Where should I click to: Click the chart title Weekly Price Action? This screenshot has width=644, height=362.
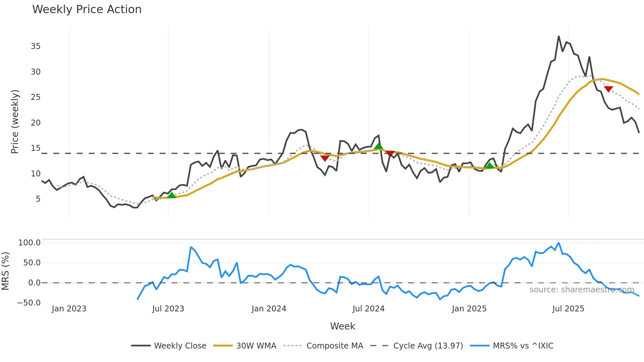(x=87, y=10)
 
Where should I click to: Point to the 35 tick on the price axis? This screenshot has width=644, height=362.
(x=36, y=46)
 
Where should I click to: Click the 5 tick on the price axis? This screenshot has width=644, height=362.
(x=38, y=199)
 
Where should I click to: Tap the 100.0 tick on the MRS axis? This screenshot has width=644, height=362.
(x=30, y=243)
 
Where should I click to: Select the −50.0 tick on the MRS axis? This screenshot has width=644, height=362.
(x=29, y=303)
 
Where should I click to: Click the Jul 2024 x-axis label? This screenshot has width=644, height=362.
(x=368, y=309)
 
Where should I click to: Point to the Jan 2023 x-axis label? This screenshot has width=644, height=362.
(x=69, y=309)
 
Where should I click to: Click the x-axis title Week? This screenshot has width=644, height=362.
(x=342, y=326)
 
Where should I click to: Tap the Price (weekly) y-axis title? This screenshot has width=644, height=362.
(x=15, y=122)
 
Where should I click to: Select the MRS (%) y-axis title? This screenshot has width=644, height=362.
(x=5, y=271)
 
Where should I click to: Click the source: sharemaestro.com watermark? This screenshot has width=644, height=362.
(x=582, y=290)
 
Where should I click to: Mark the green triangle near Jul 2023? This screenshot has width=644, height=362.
(x=172, y=195)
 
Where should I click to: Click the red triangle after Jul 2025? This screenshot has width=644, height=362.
(x=608, y=89)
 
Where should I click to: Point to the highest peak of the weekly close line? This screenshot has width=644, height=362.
(x=559, y=36)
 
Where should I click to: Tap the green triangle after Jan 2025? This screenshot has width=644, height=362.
(x=490, y=166)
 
